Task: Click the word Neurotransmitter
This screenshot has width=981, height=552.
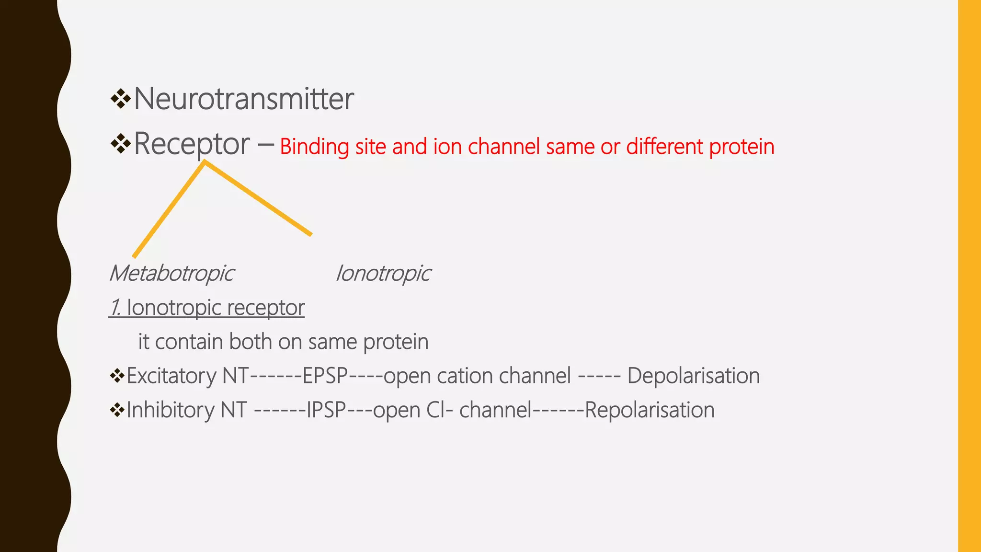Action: click(243, 99)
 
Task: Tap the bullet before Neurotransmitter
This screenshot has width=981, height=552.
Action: click(120, 99)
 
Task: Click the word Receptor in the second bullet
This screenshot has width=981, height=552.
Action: click(192, 144)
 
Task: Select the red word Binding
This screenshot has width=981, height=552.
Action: click(314, 147)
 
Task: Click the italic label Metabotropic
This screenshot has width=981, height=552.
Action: click(171, 274)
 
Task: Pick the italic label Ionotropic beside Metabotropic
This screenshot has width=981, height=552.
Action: click(383, 274)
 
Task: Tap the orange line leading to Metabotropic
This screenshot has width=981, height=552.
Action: click(169, 210)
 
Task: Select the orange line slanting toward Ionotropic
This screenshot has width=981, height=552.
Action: click(259, 198)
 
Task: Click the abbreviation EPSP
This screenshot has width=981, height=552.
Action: click(325, 376)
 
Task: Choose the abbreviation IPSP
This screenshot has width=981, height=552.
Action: click(326, 410)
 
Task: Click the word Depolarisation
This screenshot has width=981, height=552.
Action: click(693, 376)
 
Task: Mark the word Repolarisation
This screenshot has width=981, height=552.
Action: click(650, 410)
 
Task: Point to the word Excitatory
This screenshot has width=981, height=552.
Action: click(171, 376)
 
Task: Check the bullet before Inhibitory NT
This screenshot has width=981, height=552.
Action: click(116, 410)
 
